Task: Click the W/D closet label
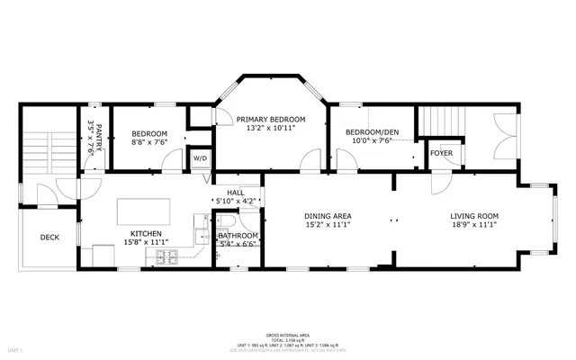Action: pos(199,158)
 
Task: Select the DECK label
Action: pos(50,238)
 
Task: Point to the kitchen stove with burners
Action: pos(167,258)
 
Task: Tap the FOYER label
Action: pos(441,153)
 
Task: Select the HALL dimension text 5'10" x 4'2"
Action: pos(237,202)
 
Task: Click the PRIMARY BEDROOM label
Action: pos(271,120)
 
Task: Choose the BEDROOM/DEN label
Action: pos(373,133)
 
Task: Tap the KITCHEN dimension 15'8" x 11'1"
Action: pos(146,241)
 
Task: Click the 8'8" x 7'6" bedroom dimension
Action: pos(147,141)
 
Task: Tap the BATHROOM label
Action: pos(238,236)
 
